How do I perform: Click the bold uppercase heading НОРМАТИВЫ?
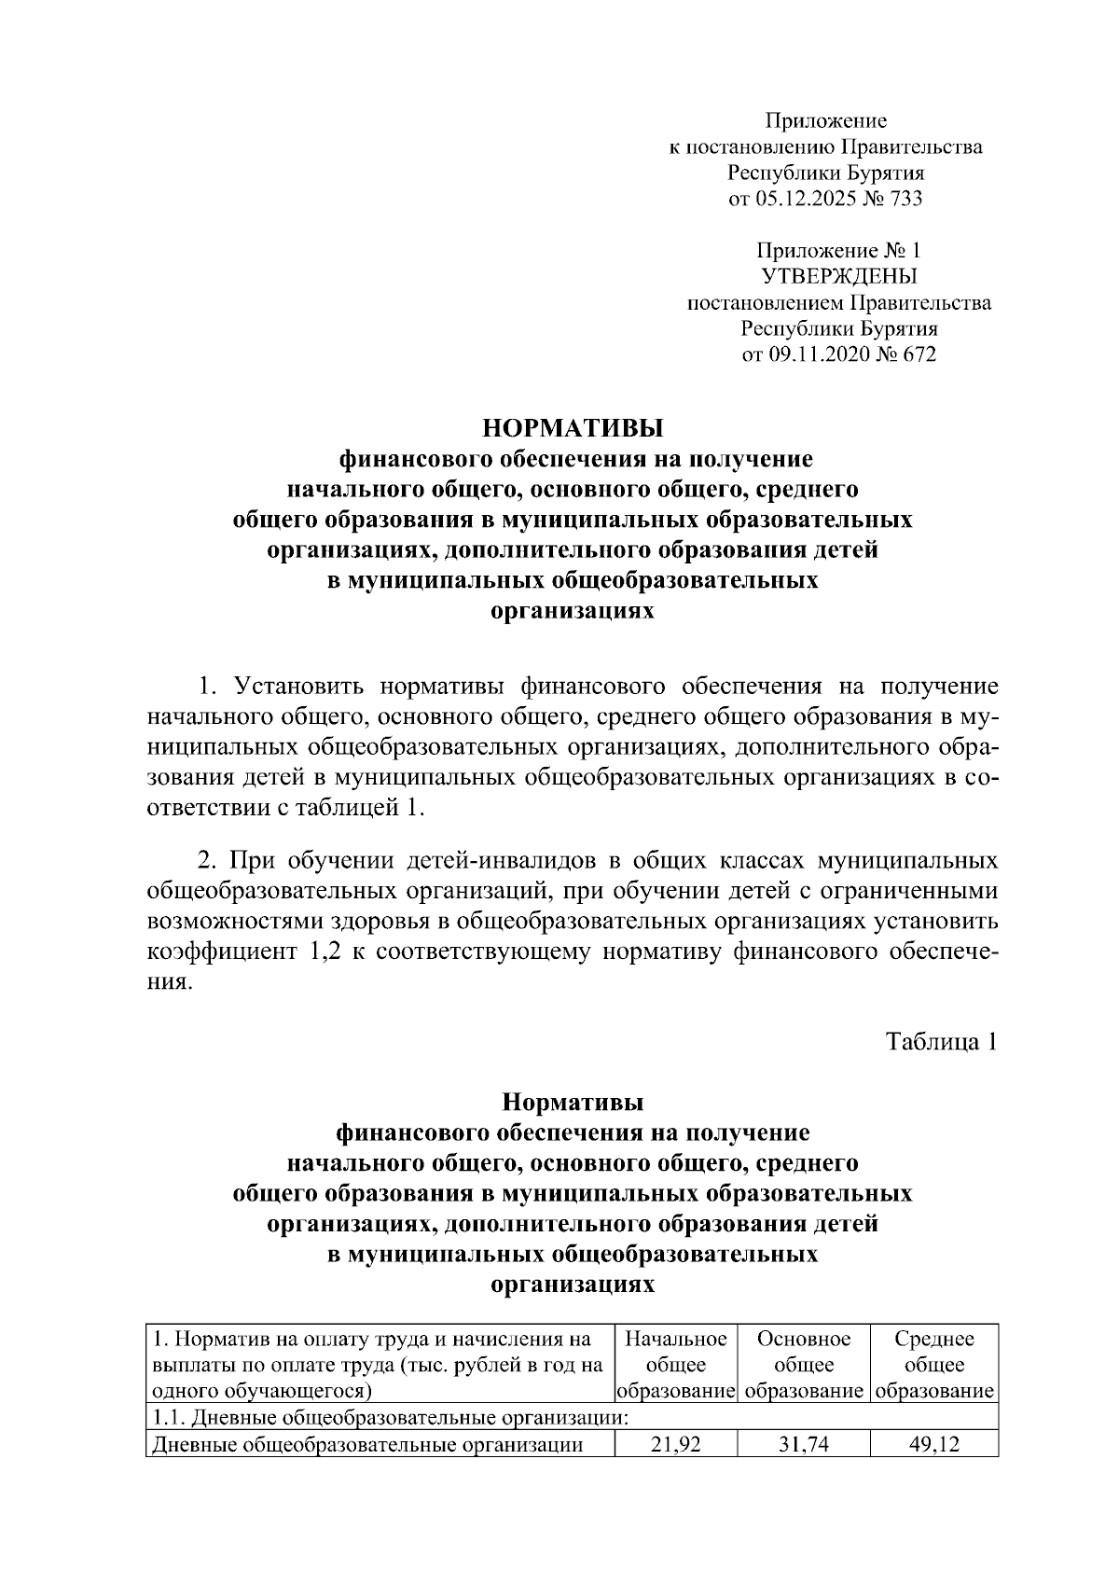[572, 428]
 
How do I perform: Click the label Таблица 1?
[941, 1041]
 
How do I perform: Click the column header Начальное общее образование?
[674, 1365]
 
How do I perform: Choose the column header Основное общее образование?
[803, 1365]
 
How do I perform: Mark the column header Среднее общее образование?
[933, 1365]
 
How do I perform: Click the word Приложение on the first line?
[826, 120]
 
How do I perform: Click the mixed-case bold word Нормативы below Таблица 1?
[572, 1102]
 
